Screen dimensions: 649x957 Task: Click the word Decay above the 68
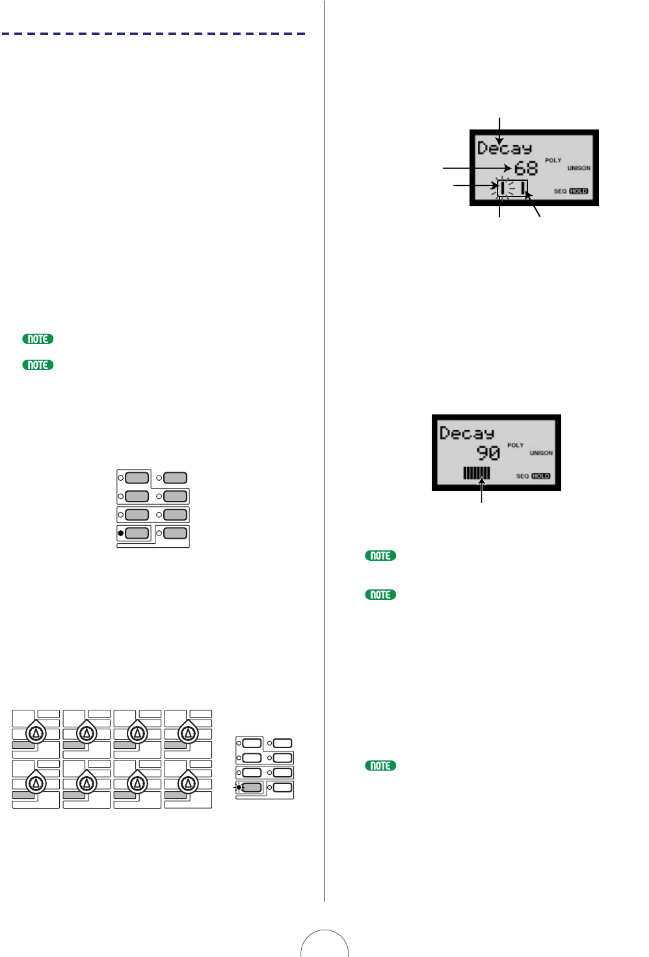505,148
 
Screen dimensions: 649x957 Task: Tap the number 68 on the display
526,168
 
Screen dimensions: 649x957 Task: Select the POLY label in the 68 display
553,160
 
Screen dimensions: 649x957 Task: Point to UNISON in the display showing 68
578,168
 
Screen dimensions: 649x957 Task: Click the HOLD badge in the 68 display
578,191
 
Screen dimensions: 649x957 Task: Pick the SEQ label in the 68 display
560,191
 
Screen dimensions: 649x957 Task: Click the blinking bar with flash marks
503,188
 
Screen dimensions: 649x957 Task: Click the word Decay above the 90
467,433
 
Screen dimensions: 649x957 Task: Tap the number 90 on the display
488,453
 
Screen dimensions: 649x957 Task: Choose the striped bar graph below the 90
477,473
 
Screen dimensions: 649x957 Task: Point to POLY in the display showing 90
515,445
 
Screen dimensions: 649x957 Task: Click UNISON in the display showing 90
540,453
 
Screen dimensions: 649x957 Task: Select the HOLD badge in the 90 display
540,476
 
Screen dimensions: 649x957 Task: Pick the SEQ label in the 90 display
522,476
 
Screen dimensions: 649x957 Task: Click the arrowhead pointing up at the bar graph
481,482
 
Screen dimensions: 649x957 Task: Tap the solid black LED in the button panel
120,533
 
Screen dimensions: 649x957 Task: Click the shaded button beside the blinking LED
252,788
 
